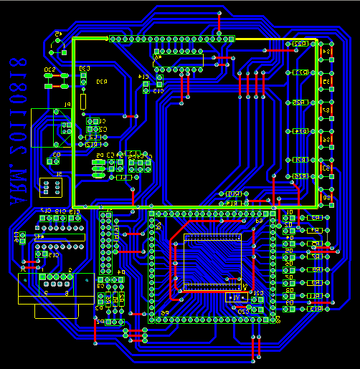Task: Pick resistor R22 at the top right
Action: click(x=300, y=44)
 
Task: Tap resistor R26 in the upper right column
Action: click(x=300, y=102)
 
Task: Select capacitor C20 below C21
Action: click(x=244, y=310)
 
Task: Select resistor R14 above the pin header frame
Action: click(x=234, y=203)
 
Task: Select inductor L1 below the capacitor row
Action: click(x=123, y=176)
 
